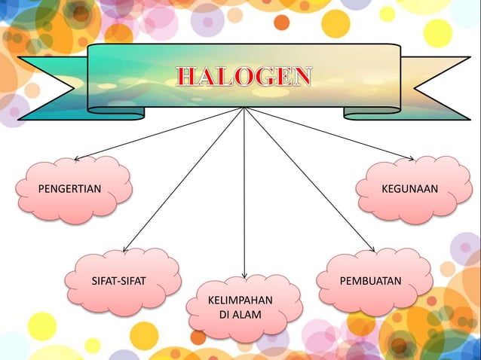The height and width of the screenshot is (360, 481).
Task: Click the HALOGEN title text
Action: pos(244,76)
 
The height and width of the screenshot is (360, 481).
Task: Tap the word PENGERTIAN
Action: pos(69,188)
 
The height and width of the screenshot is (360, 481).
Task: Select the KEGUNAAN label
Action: pos(409,188)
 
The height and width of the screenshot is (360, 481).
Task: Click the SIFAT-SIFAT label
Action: pos(118,282)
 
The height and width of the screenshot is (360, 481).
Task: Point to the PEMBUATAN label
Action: pos(370,282)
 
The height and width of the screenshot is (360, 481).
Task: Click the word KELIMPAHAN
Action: pos(240,301)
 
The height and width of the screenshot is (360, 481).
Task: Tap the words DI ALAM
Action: pos(240,315)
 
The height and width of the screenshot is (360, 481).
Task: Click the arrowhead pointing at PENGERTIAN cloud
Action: pos(76,159)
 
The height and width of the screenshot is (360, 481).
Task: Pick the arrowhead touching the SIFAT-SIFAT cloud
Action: pos(125,249)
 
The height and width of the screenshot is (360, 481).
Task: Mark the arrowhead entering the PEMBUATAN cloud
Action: pos(372,249)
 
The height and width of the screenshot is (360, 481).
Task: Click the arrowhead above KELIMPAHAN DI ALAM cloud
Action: pos(244,276)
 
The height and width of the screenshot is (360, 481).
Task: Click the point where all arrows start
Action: pos(244,108)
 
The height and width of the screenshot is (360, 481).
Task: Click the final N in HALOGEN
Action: pos(302,76)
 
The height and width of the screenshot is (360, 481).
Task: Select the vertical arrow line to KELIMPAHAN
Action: pos(244,196)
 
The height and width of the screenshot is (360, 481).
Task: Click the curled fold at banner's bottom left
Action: pos(117,114)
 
